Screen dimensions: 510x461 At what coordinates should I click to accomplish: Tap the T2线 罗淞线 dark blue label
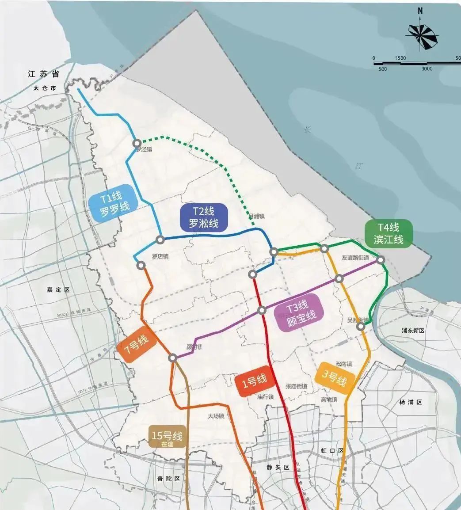(204, 218)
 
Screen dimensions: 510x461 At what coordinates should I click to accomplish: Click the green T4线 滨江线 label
(389, 233)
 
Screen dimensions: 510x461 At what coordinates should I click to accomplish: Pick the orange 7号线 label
(136, 344)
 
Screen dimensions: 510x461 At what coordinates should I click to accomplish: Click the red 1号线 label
(254, 381)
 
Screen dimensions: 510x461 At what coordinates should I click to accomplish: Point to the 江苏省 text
(43, 74)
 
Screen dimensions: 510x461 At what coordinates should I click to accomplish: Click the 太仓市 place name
(45, 88)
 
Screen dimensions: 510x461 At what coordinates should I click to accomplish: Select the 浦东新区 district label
(413, 330)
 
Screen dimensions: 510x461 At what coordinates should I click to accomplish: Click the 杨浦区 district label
(411, 402)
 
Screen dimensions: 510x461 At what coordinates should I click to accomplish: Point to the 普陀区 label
(169, 479)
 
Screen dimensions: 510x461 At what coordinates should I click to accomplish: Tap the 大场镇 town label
(216, 416)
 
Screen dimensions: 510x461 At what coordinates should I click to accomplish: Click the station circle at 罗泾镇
(137, 143)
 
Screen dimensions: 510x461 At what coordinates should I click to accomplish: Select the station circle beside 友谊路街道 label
(381, 259)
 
